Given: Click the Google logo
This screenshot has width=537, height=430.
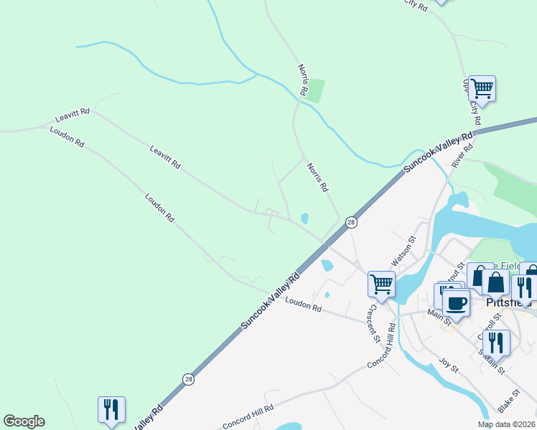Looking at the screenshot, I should coord(24,421).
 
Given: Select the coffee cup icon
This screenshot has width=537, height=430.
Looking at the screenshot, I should coord(455,303).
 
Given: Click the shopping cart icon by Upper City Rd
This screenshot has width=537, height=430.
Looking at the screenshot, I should coord(482,90).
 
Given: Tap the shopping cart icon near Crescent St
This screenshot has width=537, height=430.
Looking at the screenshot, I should coord(381,284).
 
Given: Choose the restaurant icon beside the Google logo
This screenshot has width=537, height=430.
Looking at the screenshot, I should coord(111,410).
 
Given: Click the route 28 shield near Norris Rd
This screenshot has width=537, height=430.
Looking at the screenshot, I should coord(350,223).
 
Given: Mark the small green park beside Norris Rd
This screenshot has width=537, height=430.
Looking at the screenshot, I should coord(315,90).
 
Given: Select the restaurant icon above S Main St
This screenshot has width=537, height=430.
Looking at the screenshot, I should coord(496,342).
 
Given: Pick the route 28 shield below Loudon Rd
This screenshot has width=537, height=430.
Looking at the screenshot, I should coord(188,379).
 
